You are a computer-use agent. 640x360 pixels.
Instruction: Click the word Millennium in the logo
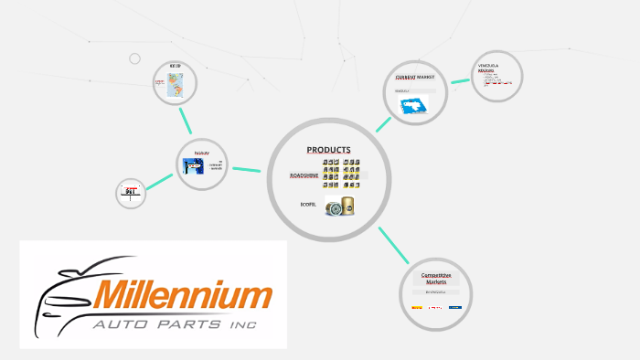point(183,295)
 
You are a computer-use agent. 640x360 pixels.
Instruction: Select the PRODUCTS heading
point(328,150)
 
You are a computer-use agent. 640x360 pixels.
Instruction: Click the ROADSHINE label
point(303,174)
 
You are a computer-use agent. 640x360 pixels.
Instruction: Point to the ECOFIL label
point(307,204)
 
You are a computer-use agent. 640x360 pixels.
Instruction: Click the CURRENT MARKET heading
point(414,78)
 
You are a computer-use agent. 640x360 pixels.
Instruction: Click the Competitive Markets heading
point(436,279)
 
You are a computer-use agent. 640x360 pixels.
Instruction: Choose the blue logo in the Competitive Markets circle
point(454,308)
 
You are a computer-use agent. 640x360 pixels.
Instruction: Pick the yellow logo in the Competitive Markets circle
point(418,308)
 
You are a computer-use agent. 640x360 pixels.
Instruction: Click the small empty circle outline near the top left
point(134,58)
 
